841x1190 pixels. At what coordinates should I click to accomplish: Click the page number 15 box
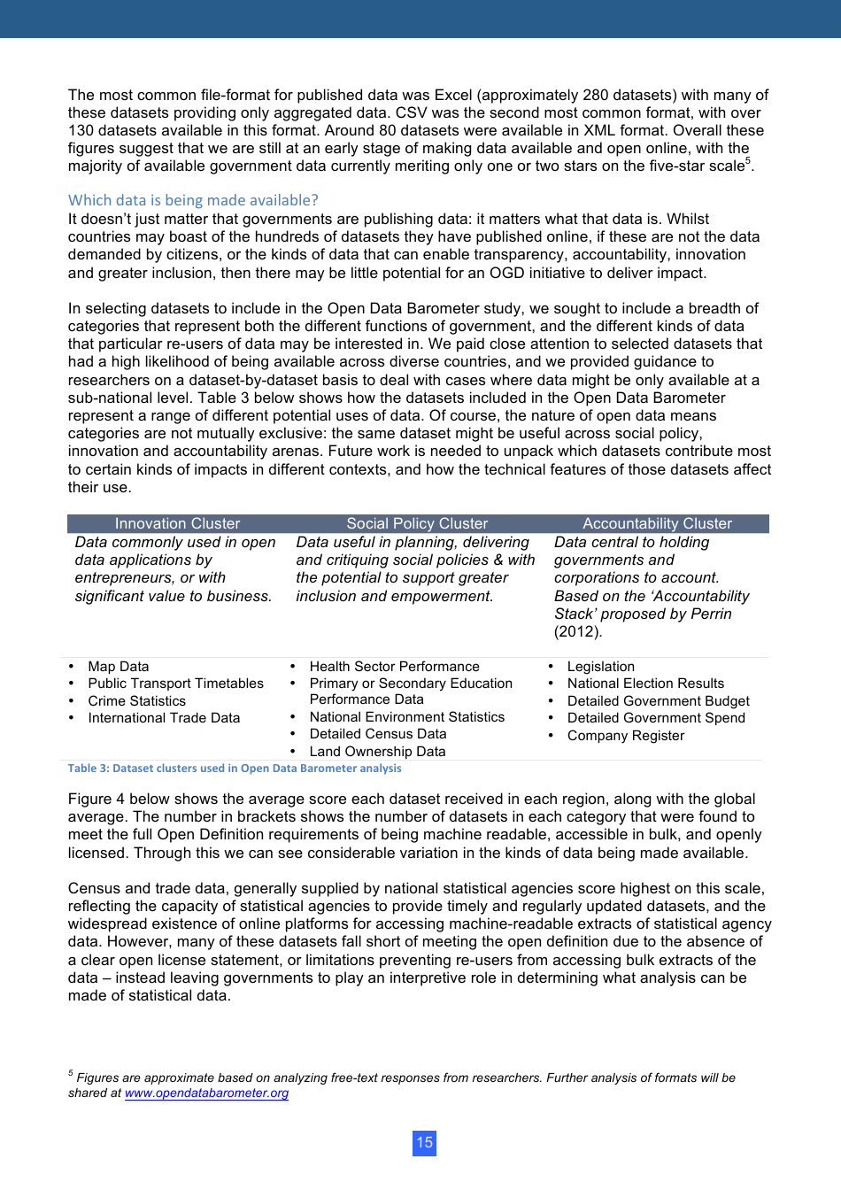click(424, 1142)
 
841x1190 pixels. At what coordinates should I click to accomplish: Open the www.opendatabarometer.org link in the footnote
click(206, 1093)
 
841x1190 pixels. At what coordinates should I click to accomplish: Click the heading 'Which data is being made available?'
click(193, 200)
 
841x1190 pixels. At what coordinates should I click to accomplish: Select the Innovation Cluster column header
click(177, 524)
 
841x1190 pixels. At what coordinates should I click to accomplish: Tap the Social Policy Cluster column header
click(417, 524)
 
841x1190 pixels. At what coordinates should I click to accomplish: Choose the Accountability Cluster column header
click(657, 524)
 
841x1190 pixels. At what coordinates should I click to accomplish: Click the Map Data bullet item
click(119, 667)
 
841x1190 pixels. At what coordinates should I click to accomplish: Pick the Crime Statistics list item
click(137, 701)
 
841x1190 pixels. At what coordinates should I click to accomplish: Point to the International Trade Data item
click(164, 718)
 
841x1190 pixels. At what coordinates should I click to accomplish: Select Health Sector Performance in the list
click(394, 667)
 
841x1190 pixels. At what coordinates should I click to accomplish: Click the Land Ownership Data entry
click(377, 752)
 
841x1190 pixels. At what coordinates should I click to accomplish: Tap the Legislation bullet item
click(600, 667)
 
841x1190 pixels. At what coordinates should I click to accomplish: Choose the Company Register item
click(625, 736)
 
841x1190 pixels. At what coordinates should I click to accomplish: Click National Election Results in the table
click(645, 684)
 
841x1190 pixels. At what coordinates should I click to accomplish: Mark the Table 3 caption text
click(235, 769)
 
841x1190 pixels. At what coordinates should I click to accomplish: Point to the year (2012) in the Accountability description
click(577, 632)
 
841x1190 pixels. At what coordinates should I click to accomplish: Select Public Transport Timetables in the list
click(175, 684)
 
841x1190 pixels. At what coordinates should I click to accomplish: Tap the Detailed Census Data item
click(377, 734)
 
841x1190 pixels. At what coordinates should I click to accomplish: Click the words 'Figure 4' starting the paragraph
click(96, 800)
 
